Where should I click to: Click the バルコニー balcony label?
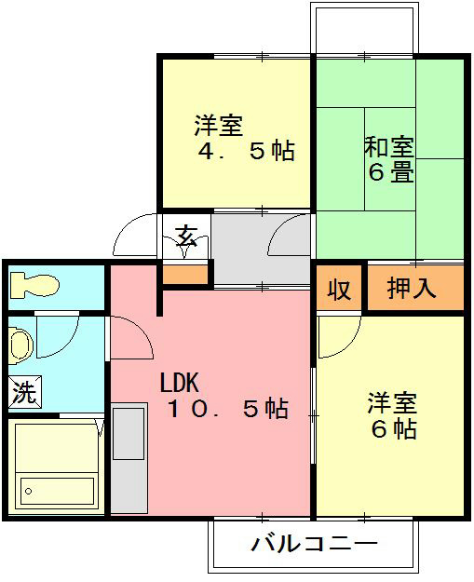click(x=314, y=544)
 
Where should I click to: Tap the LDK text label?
click(x=180, y=383)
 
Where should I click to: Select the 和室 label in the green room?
click(x=389, y=147)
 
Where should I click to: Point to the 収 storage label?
click(x=339, y=289)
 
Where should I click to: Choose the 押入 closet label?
click(x=412, y=289)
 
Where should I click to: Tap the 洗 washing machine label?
click(x=22, y=392)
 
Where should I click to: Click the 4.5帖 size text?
click(x=245, y=151)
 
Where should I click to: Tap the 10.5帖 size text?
click(x=227, y=408)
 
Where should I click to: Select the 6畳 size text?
click(x=389, y=172)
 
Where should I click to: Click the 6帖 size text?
click(x=391, y=429)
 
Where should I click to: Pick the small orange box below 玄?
click(x=185, y=274)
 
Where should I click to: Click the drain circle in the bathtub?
click(x=29, y=489)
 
